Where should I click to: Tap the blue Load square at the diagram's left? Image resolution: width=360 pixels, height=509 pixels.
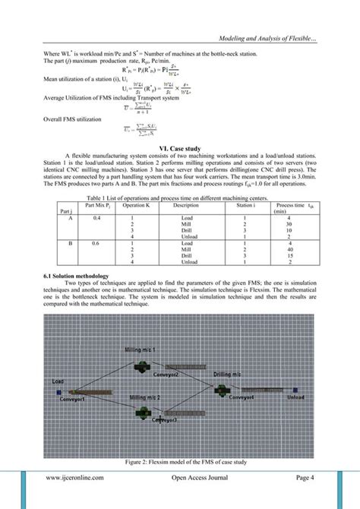pyautogui.click(x=58, y=393)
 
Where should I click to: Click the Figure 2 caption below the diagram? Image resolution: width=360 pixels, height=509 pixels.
pyautogui.click(x=179, y=461)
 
